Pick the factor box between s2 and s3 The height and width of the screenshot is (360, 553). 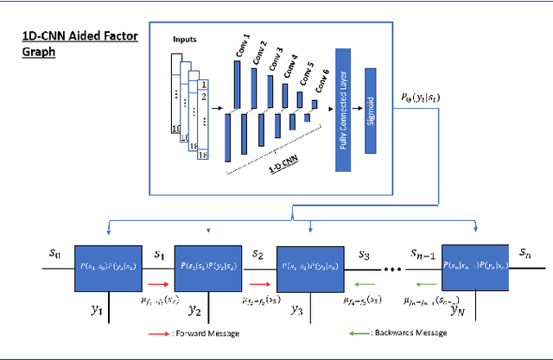[x=310, y=267]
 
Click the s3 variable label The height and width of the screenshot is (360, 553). [x=364, y=256]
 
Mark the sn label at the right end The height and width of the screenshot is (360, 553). [x=525, y=252]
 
